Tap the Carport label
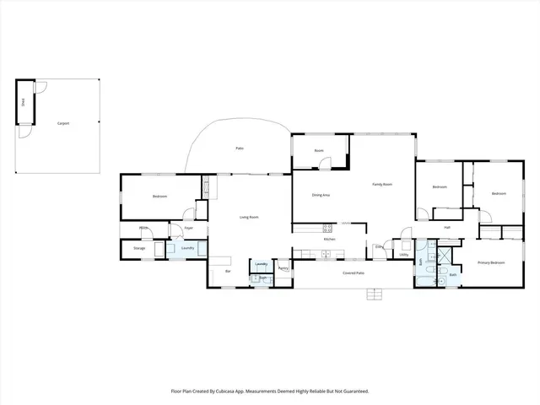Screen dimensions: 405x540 coord(62,123)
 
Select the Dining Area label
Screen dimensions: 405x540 coord(321,195)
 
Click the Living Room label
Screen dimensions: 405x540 coord(249,217)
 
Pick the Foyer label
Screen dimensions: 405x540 coord(189,227)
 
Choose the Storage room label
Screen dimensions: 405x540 coord(139,248)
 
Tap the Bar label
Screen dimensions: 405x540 coord(228,272)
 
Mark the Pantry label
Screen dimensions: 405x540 coord(283,268)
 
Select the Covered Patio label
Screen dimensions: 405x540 coord(354,273)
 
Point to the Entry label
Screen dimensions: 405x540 coord(380,246)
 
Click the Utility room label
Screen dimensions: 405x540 coord(404,253)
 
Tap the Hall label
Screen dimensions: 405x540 coord(447,227)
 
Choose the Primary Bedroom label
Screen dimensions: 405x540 coord(491,262)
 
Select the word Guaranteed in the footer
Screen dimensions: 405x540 coord(350,391)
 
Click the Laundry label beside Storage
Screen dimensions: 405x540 coord(187,248)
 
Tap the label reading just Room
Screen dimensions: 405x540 coord(319,150)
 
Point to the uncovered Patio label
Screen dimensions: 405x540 coord(240,148)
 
